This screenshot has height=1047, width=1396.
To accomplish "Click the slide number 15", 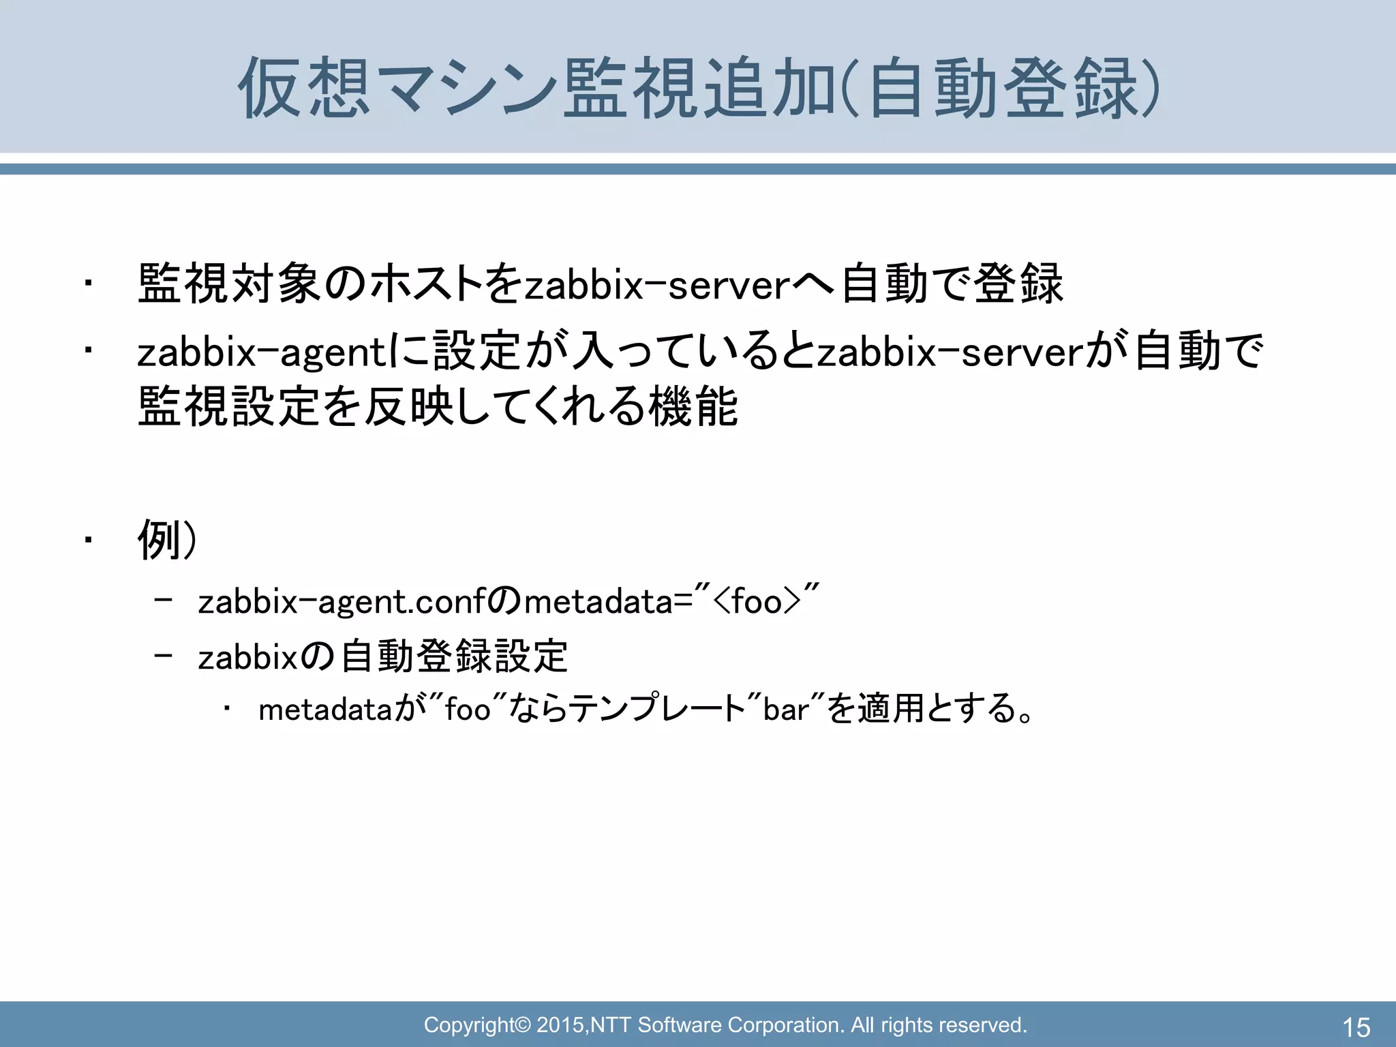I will point(1356,1027).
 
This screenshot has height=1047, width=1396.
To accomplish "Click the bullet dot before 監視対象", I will point(87,284).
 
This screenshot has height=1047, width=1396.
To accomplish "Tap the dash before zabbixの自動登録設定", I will point(164,656).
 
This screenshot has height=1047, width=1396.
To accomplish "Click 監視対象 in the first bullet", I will point(228,284).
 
